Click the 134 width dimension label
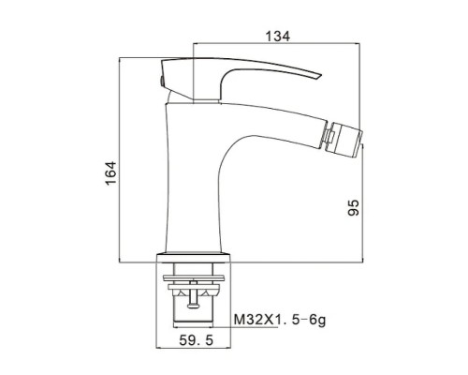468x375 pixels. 277,37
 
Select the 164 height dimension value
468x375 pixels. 110,173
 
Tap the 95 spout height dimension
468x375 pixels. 353,207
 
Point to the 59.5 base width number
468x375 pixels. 197,340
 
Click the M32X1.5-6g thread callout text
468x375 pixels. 280,320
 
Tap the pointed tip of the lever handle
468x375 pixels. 321,75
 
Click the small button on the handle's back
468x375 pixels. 162,81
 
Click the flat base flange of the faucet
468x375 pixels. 193,258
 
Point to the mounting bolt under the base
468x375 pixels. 194,294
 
